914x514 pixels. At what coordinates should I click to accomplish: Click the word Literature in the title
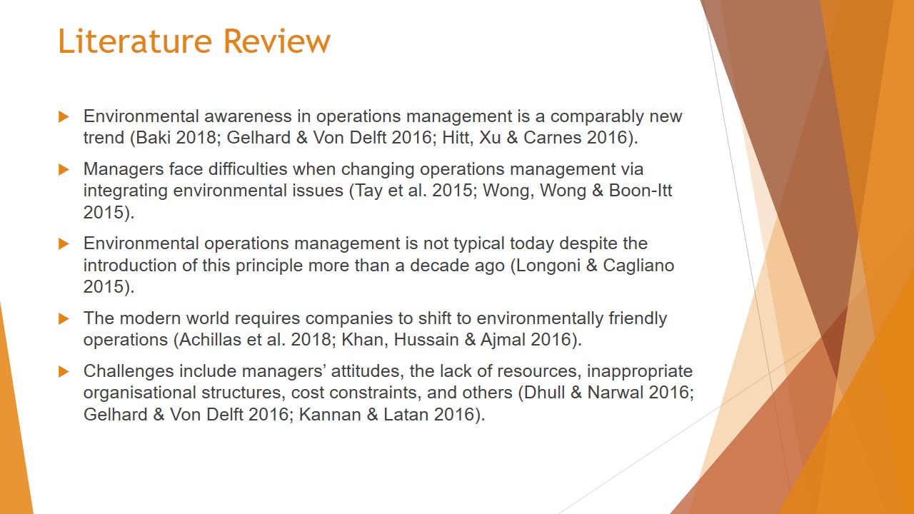coord(135,41)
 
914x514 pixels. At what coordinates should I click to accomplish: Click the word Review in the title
coord(277,41)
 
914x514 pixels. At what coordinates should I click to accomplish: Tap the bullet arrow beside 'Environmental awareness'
coord(64,116)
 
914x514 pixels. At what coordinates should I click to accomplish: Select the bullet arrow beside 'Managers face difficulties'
coord(64,169)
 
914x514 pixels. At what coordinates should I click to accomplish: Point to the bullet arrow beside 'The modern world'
coord(64,318)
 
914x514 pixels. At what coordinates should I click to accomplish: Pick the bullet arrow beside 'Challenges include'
coord(64,372)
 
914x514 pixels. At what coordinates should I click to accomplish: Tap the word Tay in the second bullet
coord(369,191)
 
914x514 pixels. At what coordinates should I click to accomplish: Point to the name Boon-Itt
coord(641,191)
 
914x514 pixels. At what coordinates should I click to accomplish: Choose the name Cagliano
coord(638,266)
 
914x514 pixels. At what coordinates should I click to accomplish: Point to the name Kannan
coord(330,415)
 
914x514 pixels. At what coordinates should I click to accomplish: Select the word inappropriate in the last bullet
coord(640,372)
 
